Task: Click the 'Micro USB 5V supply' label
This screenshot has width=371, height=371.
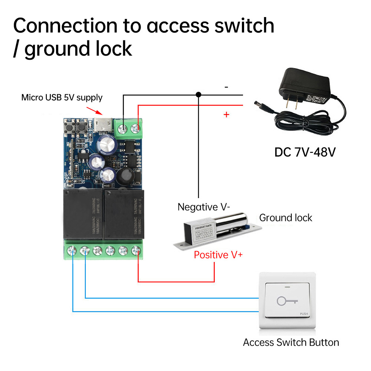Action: pyautogui.click(x=62, y=98)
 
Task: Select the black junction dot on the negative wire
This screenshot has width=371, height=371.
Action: pyautogui.click(x=198, y=95)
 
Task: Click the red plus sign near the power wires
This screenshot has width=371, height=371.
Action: pyautogui.click(x=226, y=115)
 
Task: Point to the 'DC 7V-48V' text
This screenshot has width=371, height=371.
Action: pyautogui.click(x=305, y=152)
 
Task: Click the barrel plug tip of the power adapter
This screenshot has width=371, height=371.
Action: pyautogui.click(x=256, y=102)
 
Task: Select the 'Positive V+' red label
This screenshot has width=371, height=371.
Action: pyautogui.click(x=218, y=255)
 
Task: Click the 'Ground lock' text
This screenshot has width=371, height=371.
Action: pyautogui.click(x=286, y=217)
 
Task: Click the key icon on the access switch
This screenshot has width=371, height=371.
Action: pyautogui.click(x=285, y=301)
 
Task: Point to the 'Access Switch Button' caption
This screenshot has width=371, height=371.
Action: pyautogui.click(x=291, y=342)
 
